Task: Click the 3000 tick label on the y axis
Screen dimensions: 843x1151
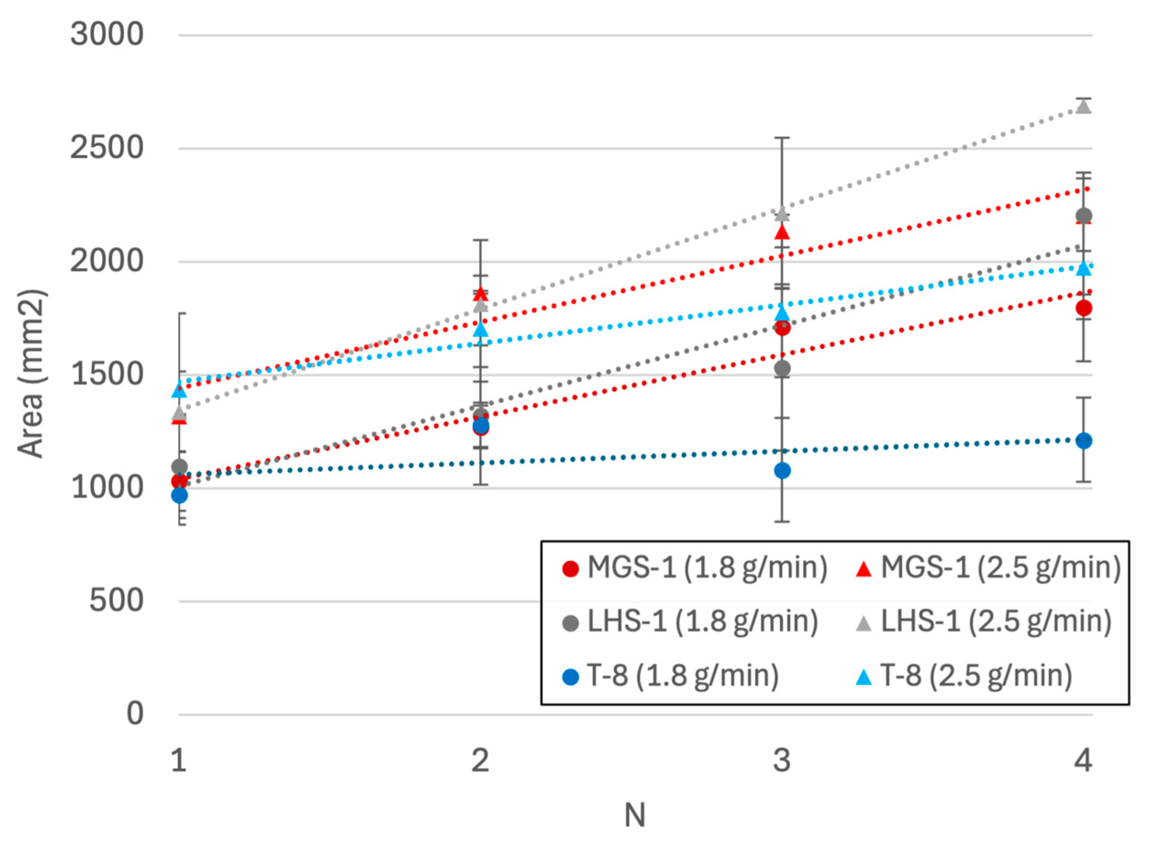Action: (107, 35)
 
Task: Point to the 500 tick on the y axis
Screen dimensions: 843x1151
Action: (116, 601)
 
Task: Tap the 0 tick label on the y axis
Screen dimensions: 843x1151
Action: (135, 713)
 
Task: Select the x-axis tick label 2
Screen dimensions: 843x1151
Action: (480, 761)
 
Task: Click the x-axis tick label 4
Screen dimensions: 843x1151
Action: (1083, 761)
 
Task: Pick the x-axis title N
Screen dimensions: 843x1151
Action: (635, 815)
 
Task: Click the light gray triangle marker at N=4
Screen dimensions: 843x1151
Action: (1083, 107)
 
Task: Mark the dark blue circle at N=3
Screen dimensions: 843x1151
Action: (782, 470)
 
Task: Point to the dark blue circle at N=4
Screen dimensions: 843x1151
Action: (1083, 441)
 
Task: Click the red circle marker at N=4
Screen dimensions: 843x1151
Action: (1083, 308)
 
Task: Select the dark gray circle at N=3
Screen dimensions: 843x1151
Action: (782, 368)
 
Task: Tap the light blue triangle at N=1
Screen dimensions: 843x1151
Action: (179, 390)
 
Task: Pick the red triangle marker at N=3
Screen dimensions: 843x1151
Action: (782, 233)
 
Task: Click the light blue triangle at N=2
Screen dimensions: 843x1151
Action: (480, 330)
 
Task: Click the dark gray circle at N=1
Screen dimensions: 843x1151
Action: (179, 466)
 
